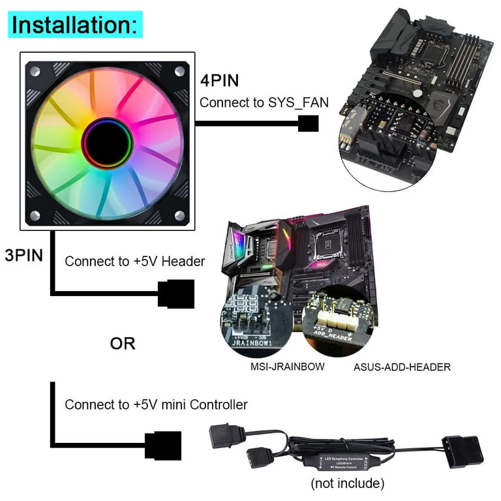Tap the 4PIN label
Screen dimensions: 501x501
point(220,81)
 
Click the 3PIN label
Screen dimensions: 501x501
point(23,254)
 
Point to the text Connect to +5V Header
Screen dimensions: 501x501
point(135,261)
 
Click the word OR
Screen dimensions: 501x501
point(122,342)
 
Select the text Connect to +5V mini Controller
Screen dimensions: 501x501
point(156,404)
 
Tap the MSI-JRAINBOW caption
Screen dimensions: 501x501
point(288,367)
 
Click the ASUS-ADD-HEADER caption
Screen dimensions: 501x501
point(402,367)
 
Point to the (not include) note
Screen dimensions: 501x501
point(348,483)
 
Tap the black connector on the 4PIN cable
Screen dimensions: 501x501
point(308,123)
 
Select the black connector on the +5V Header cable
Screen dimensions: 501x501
point(176,294)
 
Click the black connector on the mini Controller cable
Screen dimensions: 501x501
point(162,446)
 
